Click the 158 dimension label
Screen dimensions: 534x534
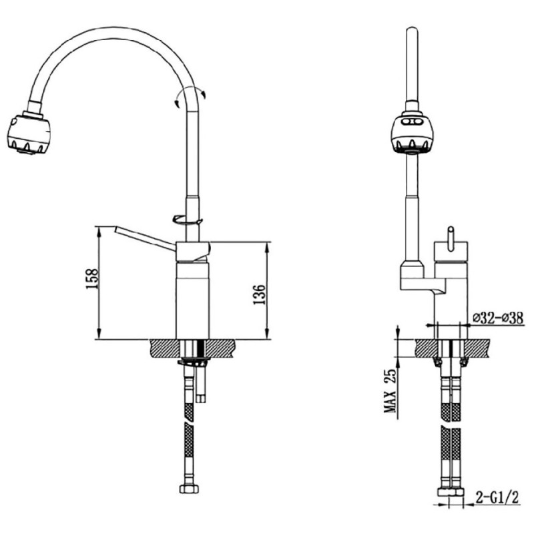92,279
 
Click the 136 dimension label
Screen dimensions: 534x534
259,294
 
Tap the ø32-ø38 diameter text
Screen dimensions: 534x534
498,318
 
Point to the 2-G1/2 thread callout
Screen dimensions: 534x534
497,498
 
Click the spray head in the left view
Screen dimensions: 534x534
29,133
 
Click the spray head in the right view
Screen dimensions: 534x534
413,135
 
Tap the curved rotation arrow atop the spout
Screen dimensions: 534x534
190,96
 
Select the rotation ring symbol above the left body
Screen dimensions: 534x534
188,220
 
